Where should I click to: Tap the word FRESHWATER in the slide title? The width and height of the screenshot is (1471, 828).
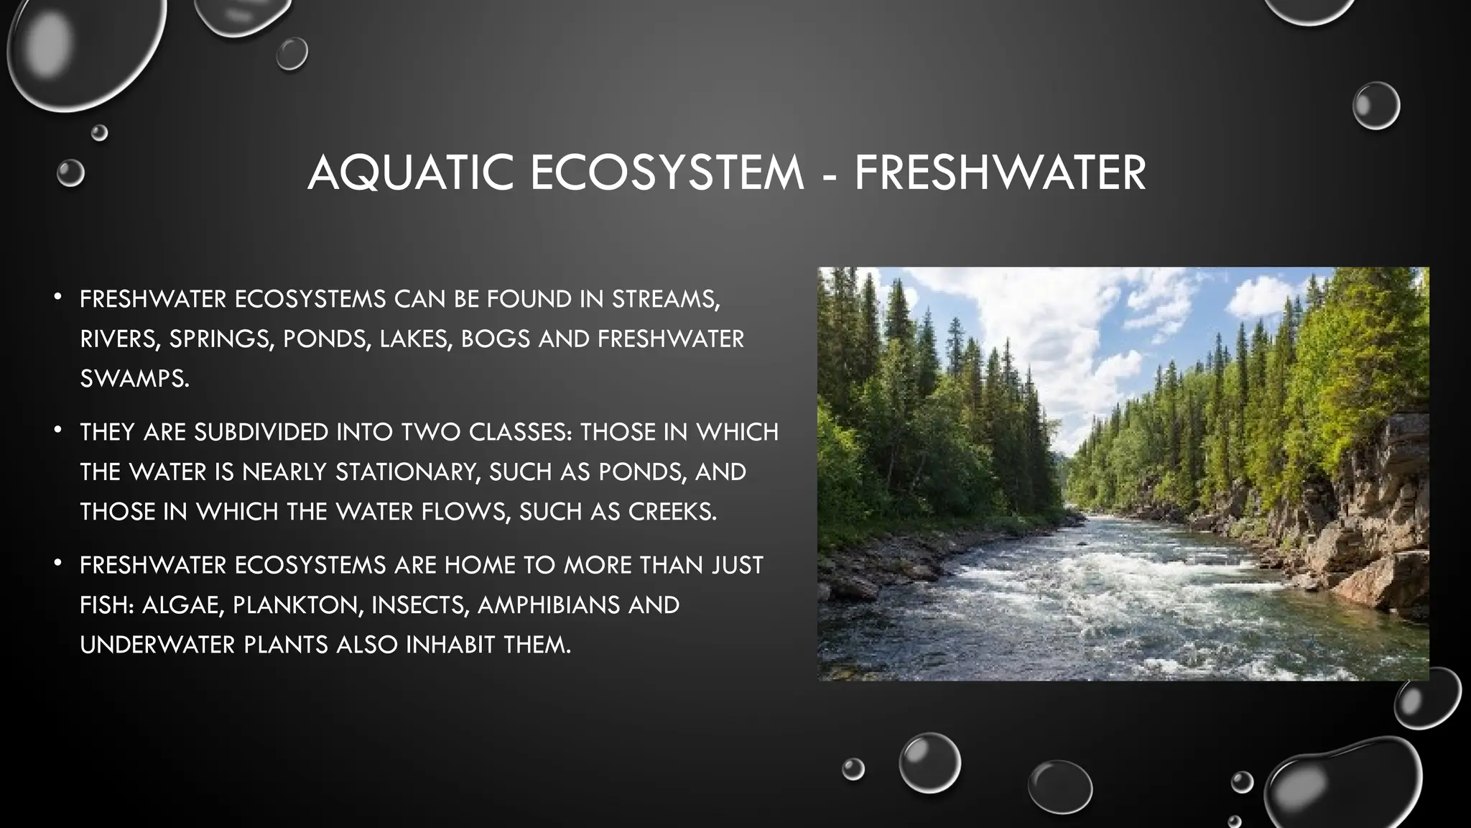tap(1000, 173)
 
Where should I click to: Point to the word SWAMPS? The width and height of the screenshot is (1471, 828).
tap(134, 379)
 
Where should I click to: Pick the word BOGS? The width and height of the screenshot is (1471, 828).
tap(495, 339)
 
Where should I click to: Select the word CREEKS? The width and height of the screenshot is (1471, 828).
tap(672, 512)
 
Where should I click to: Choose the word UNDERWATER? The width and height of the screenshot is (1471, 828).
tap(157, 645)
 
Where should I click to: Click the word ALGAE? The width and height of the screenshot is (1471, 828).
tap(182, 605)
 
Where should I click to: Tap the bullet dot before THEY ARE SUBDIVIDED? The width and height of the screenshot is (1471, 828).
tap(58, 430)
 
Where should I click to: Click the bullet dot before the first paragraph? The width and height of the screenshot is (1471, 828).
tap(58, 297)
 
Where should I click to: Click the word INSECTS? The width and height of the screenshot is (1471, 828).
tap(420, 605)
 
